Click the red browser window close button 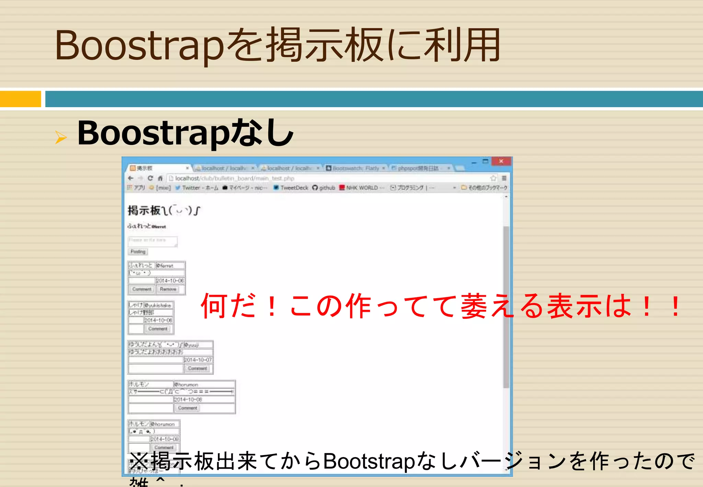[x=501, y=161]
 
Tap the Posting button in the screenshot [x=138, y=252]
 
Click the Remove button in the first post [x=168, y=290]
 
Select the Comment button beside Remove [x=142, y=290]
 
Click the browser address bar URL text [x=234, y=179]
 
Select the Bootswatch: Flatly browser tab [x=356, y=168]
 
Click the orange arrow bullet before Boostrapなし [x=61, y=137]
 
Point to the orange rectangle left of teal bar [x=20, y=99]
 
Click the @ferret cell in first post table [x=170, y=265]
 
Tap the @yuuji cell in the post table [x=198, y=344]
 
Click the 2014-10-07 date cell [x=198, y=360]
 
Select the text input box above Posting [x=152, y=241]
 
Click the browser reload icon [x=150, y=178]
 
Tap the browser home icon [x=160, y=178]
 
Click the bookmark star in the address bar [x=493, y=178]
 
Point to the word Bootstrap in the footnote [x=369, y=461]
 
